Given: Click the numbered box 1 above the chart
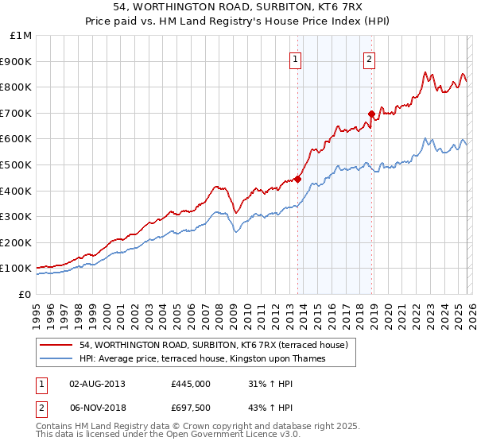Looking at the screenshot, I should pyautogui.click(x=296, y=58).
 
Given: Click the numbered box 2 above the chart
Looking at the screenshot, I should pyautogui.click(x=370, y=58).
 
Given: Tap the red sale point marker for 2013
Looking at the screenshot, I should pyautogui.click(x=297, y=179).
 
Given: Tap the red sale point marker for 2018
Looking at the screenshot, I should pyautogui.click(x=371, y=114).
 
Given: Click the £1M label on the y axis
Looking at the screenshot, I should pyautogui.click(x=21, y=35).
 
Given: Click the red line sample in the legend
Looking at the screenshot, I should pyautogui.click(x=56, y=345).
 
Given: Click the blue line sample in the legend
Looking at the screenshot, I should pyautogui.click(x=56, y=358).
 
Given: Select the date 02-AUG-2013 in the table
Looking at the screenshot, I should pyautogui.click(x=97, y=383).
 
